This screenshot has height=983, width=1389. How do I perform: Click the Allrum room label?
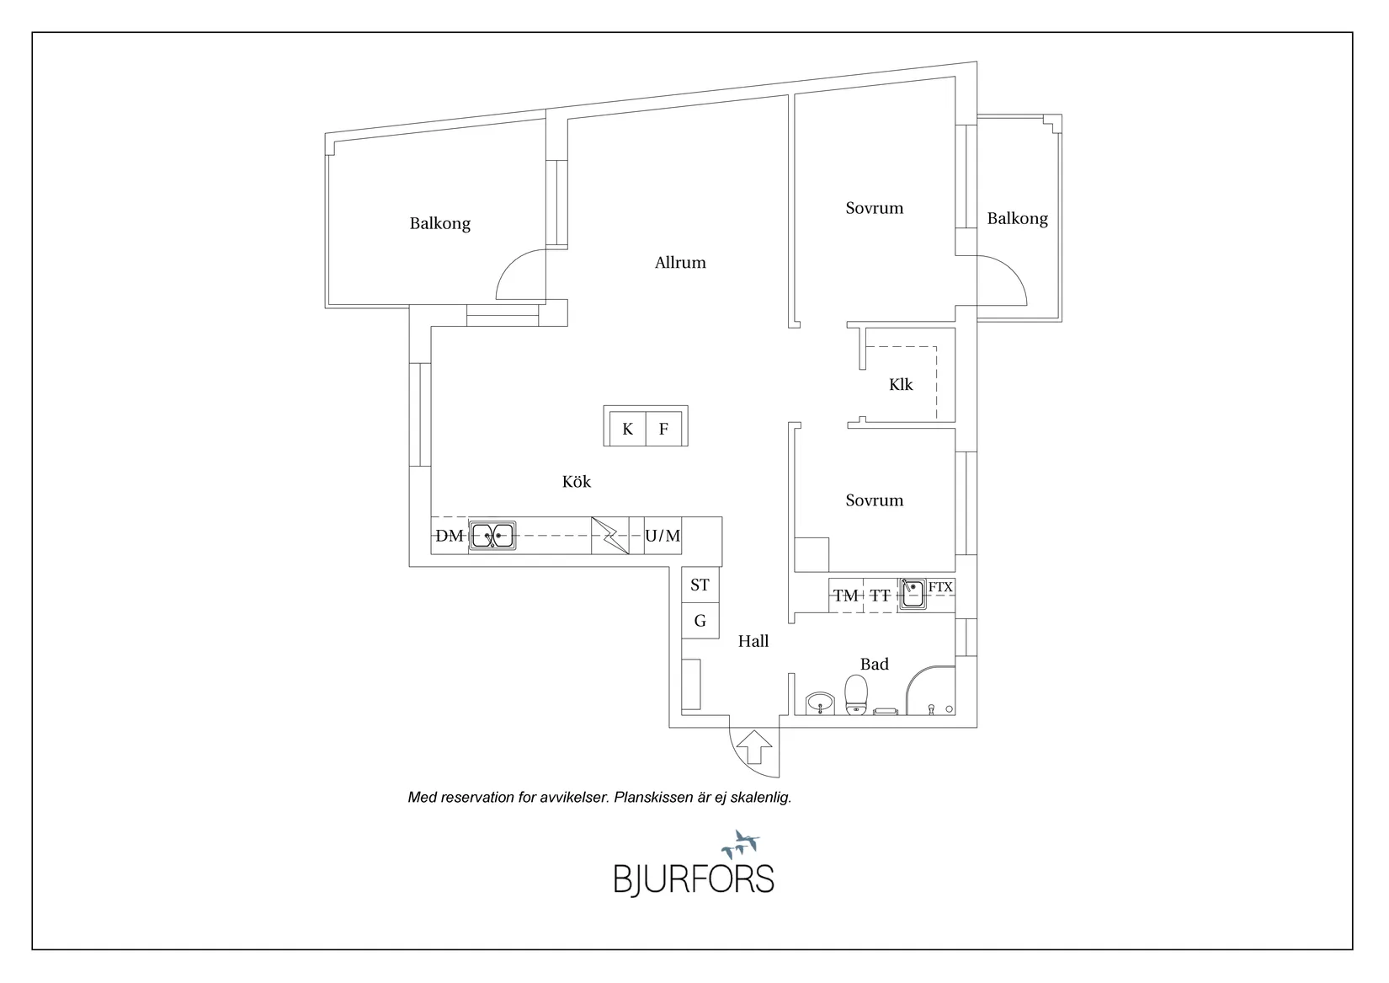tap(680, 263)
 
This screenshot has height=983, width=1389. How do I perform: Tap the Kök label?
tap(577, 481)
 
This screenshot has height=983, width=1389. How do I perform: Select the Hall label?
tap(753, 641)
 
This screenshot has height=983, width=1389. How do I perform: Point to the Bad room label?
tap(875, 664)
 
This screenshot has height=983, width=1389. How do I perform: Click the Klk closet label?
tap(901, 385)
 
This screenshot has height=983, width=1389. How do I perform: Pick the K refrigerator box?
tap(627, 428)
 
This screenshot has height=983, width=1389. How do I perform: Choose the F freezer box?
tap(663, 428)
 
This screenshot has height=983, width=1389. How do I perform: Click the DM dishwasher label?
tap(450, 536)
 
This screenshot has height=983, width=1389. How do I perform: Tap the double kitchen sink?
tap(492, 536)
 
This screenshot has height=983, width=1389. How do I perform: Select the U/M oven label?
tap(663, 536)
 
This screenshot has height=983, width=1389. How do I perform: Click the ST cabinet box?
tap(700, 585)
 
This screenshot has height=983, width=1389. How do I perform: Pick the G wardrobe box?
tap(700, 621)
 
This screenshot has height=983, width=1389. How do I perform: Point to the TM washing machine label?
tap(846, 596)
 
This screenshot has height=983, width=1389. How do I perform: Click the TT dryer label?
tap(880, 596)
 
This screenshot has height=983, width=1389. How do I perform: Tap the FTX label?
tap(940, 587)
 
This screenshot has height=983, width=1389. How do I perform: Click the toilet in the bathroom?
tap(856, 694)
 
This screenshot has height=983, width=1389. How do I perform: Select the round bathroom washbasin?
tap(821, 703)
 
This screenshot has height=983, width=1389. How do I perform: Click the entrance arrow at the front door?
tap(754, 747)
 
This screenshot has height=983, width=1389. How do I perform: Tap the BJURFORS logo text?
tap(694, 879)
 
